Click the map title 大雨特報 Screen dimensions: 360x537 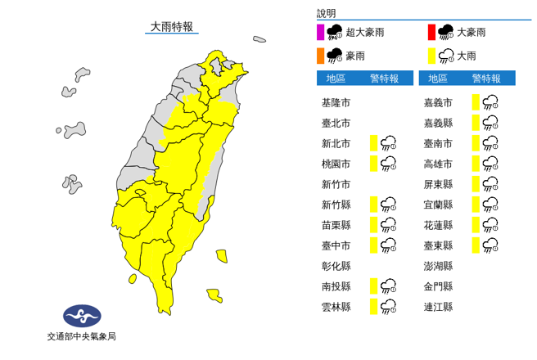[171, 26]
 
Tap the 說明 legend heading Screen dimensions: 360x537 [327, 14]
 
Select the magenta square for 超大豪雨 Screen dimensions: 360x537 [320, 33]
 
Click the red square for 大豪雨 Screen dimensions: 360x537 [431, 33]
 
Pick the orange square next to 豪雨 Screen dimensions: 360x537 [320, 56]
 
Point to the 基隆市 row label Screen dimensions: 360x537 [336, 102]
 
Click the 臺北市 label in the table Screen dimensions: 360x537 [336, 123]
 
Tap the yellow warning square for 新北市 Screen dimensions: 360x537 [373, 143]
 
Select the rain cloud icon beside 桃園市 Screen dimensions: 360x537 [390, 164]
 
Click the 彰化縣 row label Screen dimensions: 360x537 [336, 266]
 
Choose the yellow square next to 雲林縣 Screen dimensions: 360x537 [373, 307]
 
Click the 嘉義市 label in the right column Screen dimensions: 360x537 [438, 102]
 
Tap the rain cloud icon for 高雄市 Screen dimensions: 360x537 [491, 164]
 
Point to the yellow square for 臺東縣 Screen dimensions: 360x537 [475, 245]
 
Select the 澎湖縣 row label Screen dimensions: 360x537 [438, 266]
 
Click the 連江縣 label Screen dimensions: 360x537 [438, 307]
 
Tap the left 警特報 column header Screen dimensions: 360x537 [384, 79]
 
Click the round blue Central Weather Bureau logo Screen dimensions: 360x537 [82, 316]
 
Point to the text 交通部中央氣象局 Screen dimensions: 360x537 [82, 335]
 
